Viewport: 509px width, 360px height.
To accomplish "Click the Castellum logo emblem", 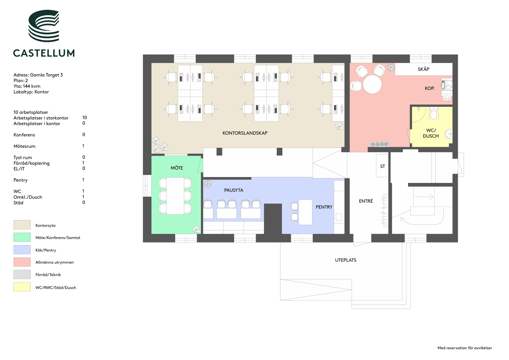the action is tap(44, 26).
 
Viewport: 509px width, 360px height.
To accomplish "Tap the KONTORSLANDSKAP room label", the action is tap(245, 133).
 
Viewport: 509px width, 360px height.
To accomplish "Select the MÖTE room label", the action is tap(177, 168).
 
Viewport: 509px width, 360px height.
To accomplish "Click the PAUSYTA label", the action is tap(234, 190).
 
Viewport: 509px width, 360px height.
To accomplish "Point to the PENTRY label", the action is tap(324, 207).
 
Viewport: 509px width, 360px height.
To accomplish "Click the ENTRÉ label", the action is tap(366, 201).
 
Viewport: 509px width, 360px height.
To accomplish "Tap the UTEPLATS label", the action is tap(346, 260).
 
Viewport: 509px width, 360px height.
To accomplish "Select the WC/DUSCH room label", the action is tap(431, 133).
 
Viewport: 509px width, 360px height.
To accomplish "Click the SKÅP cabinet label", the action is tap(423, 69).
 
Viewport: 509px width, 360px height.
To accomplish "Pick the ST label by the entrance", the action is tap(382, 166).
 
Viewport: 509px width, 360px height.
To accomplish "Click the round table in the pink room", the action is tap(372, 84).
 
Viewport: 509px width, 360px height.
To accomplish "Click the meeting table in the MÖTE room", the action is tap(175, 196).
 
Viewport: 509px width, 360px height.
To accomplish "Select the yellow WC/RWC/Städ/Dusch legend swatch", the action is tap(22, 287).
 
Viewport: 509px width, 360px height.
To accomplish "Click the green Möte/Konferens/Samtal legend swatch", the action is tap(22, 237).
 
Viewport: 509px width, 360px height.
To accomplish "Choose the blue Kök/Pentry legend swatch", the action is tap(22, 250).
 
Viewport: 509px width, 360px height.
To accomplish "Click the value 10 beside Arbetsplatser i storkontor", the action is tap(85, 117).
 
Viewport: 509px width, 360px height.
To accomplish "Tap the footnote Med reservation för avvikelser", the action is tap(465, 348).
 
